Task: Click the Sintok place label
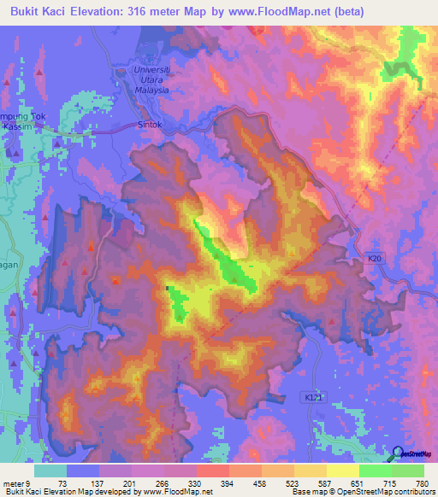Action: [x=151, y=124]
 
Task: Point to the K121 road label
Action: [x=315, y=397]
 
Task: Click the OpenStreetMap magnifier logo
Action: [x=395, y=453]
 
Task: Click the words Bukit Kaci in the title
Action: [x=38, y=11]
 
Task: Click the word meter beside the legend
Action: [x=14, y=483]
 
